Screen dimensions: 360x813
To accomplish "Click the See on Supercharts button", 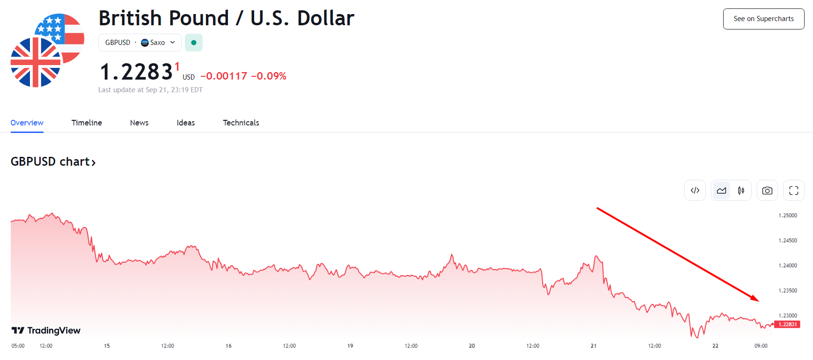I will point(763,19).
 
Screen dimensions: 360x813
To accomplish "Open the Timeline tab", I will point(87,123).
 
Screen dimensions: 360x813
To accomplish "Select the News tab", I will point(139,123).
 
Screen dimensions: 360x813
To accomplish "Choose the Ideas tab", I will point(186,123).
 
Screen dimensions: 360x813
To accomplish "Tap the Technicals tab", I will point(241,123).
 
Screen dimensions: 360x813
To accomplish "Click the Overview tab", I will point(27,123).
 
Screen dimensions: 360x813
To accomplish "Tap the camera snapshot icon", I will point(767,191).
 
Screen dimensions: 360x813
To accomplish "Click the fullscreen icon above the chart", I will point(793,191).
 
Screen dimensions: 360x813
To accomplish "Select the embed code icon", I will point(695,191).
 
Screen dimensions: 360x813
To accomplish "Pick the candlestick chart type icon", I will point(741,191).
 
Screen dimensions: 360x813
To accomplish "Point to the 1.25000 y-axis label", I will point(788,216).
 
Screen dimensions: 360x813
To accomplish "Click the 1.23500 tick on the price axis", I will point(788,291).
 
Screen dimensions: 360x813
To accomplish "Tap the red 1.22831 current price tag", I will point(788,324).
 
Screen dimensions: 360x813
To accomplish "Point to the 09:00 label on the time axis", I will point(761,346).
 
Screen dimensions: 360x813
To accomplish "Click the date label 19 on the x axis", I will point(350,346).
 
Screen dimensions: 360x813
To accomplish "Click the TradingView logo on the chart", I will point(46,331).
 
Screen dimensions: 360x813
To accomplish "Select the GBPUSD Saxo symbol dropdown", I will point(139,43).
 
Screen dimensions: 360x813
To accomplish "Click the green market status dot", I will point(194,43).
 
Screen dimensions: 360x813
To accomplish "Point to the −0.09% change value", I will point(269,76).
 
